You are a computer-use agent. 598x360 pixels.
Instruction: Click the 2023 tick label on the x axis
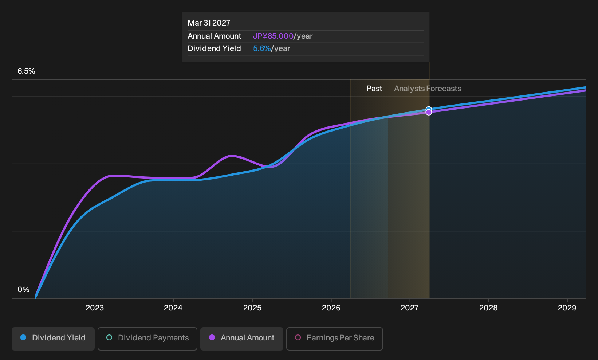94,308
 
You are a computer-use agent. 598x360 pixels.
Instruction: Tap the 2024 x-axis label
173,308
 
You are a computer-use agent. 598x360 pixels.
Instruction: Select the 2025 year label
252,308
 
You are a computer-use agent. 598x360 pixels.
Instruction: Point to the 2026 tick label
331,308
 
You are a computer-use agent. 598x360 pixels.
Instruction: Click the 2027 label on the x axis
409,308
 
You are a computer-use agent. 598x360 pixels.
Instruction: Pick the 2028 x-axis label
488,308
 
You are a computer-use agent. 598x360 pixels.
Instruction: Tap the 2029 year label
567,308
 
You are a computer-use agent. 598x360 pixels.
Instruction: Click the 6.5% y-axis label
26,71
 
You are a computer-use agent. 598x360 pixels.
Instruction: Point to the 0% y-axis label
24,290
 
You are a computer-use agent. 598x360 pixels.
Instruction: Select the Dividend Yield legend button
53,339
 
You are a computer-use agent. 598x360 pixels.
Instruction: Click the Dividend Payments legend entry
147,339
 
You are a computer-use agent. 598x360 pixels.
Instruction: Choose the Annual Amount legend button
241,339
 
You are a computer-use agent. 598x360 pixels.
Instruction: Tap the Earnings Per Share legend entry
334,339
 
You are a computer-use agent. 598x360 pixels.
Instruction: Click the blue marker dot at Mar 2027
429,109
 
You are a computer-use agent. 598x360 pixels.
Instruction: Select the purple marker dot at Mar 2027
429,113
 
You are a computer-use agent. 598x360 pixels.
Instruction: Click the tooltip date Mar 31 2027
209,23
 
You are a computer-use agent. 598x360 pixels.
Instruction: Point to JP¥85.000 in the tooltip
273,36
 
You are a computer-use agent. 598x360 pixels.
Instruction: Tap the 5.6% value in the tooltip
262,48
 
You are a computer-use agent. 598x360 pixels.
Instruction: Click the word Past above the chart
374,89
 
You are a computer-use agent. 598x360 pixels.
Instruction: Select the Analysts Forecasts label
428,89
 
